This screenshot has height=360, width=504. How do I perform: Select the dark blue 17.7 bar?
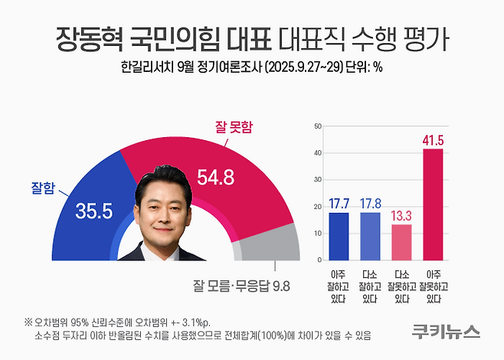[x=338, y=237]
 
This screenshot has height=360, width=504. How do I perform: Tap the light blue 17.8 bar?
[x=369, y=237]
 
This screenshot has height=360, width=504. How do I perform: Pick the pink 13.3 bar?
[x=401, y=243]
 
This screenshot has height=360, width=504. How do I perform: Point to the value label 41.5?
[x=433, y=140]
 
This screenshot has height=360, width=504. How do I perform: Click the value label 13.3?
[x=401, y=215]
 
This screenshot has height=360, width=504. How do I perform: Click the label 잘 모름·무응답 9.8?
[x=241, y=287]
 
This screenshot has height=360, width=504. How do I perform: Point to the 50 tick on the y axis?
[x=318, y=126]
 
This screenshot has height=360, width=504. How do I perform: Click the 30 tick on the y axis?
[x=318, y=180]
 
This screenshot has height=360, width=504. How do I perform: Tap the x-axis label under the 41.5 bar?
[x=433, y=286]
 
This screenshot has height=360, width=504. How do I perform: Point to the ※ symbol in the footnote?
[x=28, y=321]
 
